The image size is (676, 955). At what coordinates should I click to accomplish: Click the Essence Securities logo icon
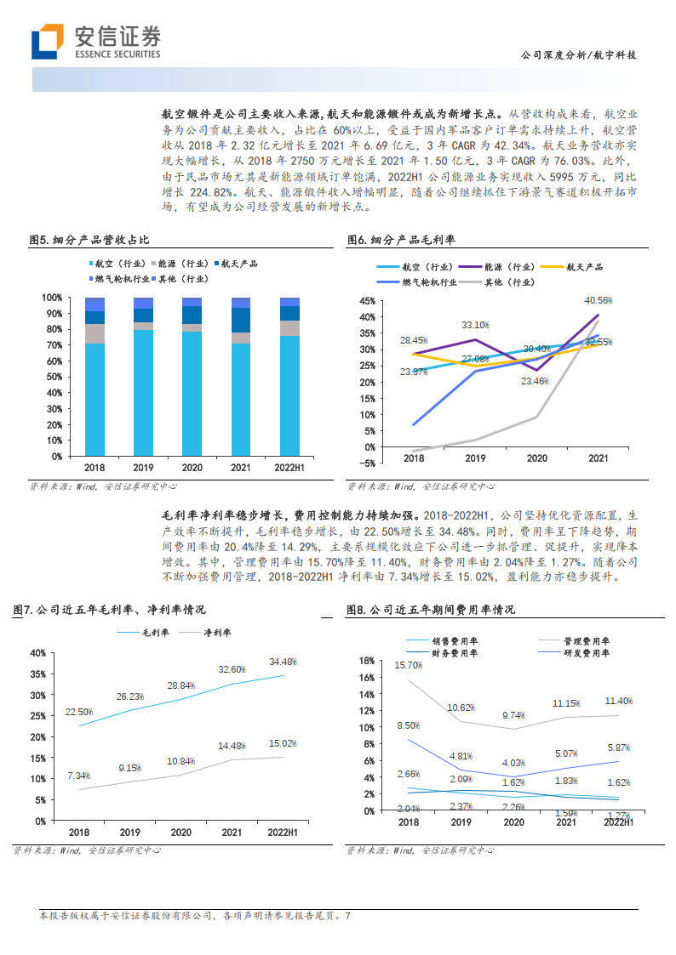(48, 42)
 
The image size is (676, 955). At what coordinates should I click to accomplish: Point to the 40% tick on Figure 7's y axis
(37, 653)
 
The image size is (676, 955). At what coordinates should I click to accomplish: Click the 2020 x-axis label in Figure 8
(513, 822)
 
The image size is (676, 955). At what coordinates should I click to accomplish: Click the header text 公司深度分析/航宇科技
(578, 55)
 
